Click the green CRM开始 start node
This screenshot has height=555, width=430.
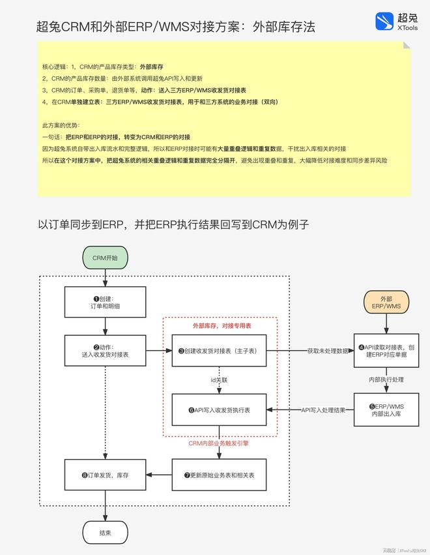[105, 258]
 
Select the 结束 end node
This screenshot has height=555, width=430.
[105, 533]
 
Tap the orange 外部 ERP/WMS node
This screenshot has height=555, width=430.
[386, 302]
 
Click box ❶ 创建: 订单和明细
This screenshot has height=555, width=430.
[105, 302]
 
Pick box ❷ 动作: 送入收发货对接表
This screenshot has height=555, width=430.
[105, 350]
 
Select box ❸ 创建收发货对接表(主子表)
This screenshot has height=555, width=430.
[219, 350]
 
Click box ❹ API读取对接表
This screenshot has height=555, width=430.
[386, 350]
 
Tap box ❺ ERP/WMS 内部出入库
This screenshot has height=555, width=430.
[386, 410]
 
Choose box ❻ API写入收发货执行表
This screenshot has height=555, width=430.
[219, 410]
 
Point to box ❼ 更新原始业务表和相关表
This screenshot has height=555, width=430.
[219, 475]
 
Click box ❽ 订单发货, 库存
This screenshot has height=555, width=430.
[105, 475]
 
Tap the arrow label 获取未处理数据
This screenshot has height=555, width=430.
[328, 351]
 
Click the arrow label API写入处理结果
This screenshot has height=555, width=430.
[323, 410]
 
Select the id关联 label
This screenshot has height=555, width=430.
[219, 380]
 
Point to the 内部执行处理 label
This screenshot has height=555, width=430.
[386, 380]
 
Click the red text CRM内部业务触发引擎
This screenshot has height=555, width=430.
[218, 443]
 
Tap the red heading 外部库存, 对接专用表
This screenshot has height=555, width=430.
[222, 325]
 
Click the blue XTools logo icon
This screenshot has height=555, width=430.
[384, 22]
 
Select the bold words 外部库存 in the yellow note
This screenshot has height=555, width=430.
[151, 67]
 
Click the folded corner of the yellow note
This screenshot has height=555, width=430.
[407, 45]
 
